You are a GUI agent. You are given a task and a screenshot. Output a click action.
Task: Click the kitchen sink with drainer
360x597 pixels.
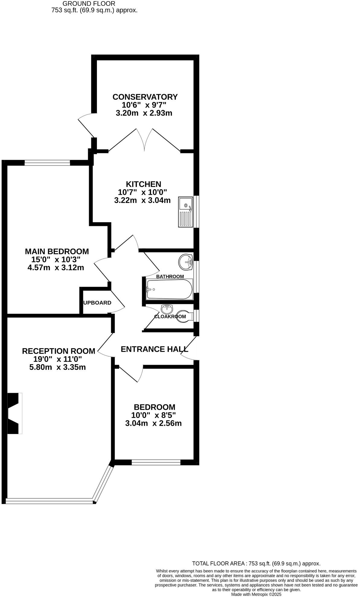pyautogui.click(x=185, y=212)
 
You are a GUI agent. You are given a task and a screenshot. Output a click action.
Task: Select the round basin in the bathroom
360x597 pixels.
pyautogui.click(x=186, y=262)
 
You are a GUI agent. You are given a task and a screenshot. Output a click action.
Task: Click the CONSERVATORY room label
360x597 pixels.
pyautogui.click(x=145, y=97)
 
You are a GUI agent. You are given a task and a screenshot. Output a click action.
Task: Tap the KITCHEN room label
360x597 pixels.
pyautogui.click(x=143, y=184)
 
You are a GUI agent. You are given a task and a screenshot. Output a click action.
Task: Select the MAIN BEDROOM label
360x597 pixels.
pyautogui.click(x=57, y=251)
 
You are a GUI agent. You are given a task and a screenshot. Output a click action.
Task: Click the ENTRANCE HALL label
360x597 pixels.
pyautogui.click(x=154, y=349)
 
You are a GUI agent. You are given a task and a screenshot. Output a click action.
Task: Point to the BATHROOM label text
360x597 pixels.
pyautogui.click(x=170, y=276)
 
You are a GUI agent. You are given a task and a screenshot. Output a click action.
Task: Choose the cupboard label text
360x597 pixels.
pyautogui.click(x=97, y=303)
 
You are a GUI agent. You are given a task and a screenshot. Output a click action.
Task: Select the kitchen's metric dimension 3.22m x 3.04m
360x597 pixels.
pyautogui.click(x=142, y=200)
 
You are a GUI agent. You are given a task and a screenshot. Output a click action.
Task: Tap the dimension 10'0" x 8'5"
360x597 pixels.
pyautogui.click(x=153, y=415)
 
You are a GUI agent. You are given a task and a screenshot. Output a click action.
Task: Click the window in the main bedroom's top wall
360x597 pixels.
pyautogui.click(x=47, y=163)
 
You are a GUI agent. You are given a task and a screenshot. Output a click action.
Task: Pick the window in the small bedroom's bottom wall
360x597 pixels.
pyautogui.click(x=156, y=462)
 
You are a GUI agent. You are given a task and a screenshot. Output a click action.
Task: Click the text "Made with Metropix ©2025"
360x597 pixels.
pyautogui.click(x=256, y=594)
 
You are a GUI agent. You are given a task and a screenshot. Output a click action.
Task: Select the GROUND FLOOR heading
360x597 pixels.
pyautogui.click(x=89, y=4)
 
